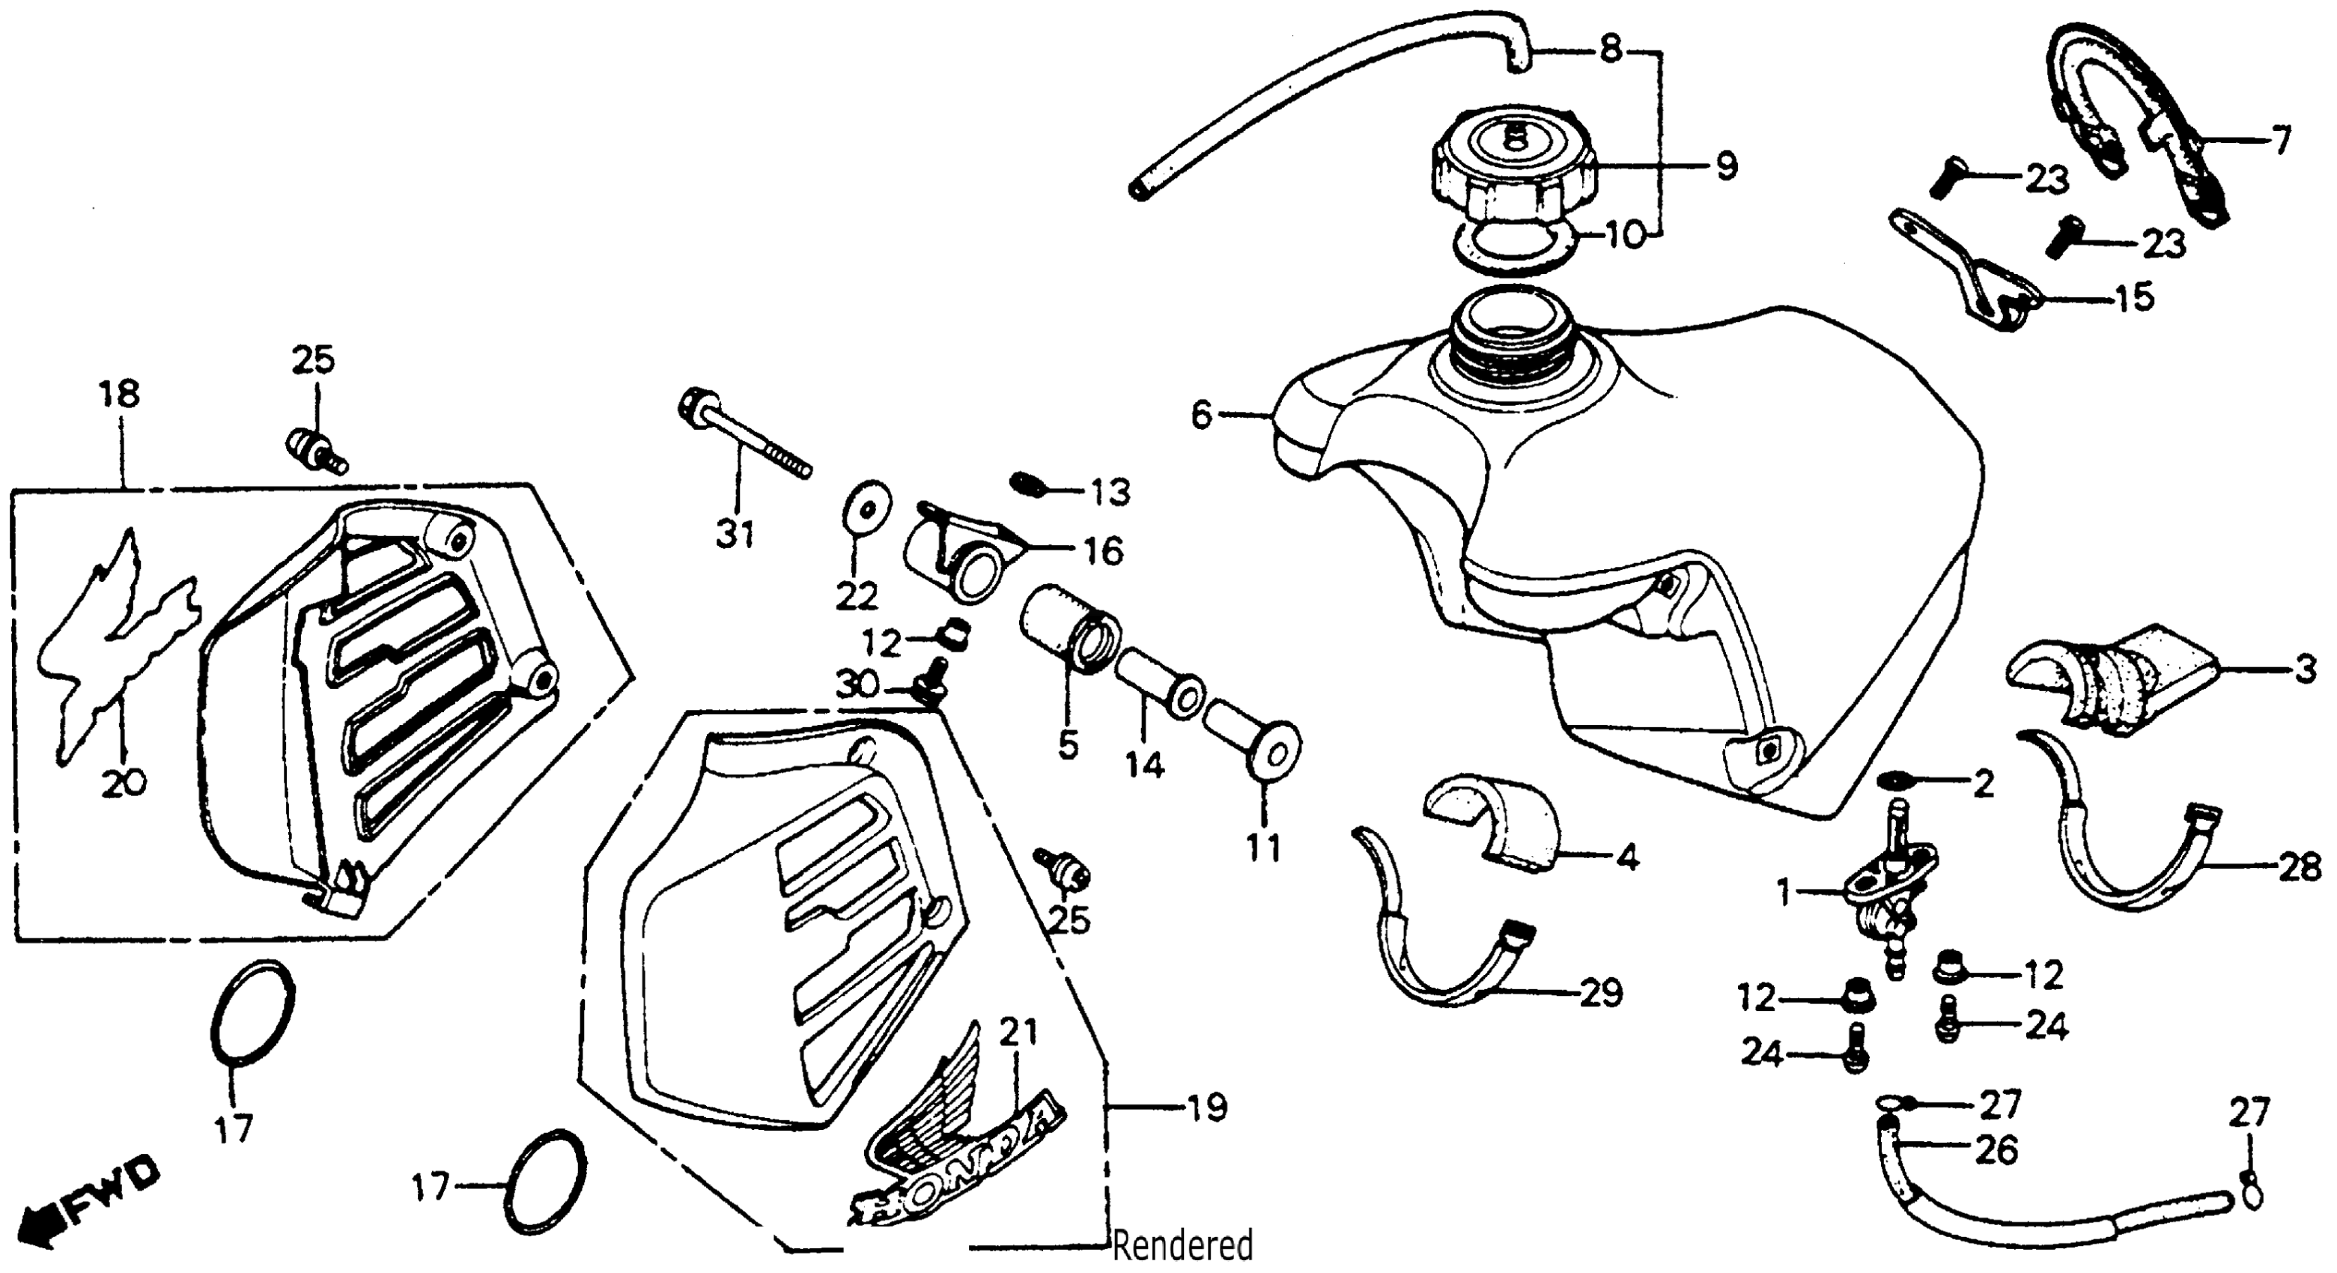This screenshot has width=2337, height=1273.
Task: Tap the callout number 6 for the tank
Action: pos(1201,416)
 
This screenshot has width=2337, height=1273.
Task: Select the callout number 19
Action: pos(1205,1107)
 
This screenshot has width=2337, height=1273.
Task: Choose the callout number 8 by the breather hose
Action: pos(1611,49)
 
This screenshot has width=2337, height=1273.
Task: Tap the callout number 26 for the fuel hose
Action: pos(1996,1150)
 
